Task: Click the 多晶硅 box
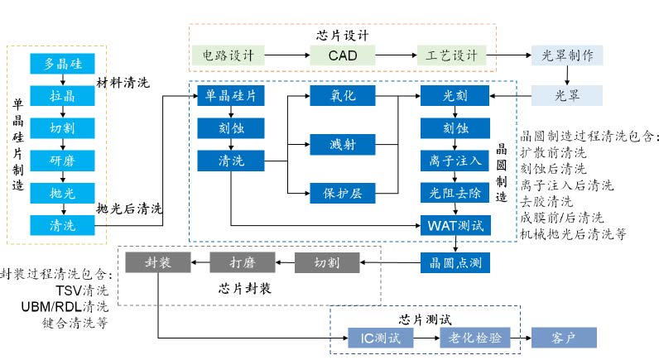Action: (x=62, y=64)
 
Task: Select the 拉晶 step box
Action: (x=62, y=95)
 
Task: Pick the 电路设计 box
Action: (x=228, y=55)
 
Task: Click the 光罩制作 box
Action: (x=567, y=55)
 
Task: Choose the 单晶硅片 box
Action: (x=230, y=96)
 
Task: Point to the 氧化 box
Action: (x=343, y=96)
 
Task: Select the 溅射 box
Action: (x=343, y=145)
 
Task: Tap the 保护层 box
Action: (x=343, y=193)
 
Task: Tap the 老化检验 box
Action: (x=474, y=338)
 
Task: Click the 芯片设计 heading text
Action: (x=342, y=36)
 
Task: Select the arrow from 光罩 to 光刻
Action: (x=509, y=96)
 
